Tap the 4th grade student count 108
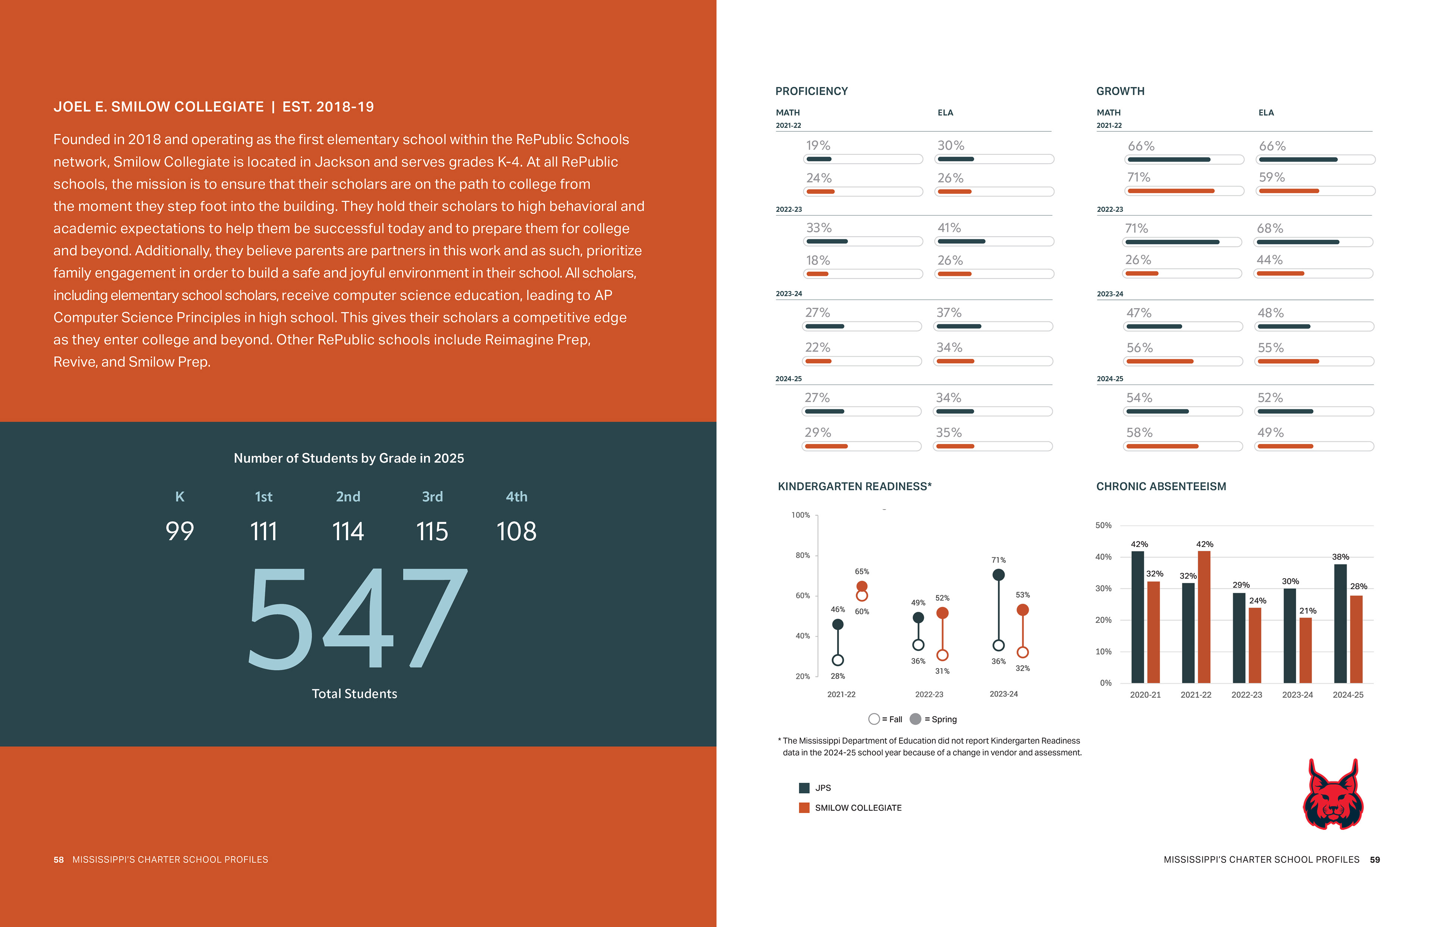(516, 532)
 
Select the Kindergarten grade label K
(179, 497)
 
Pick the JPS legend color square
(804, 788)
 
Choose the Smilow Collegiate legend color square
(804, 808)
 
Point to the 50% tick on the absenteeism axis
(1103, 526)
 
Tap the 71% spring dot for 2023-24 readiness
(998, 575)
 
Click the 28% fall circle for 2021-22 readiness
(837, 660)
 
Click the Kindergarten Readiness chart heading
(854, 486)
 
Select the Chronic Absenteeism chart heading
(1161, 486)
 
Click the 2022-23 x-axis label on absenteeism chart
(1246, 695)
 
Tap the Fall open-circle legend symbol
(874, 719)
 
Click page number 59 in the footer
(1374, 859)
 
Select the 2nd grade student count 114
(348, 532)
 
